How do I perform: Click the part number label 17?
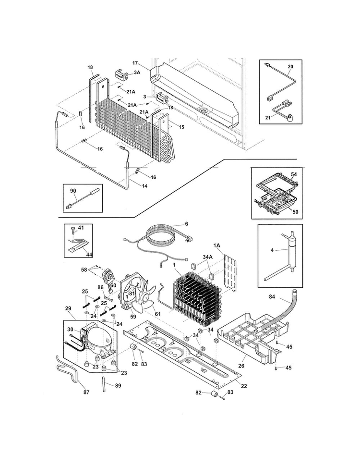click(135, 62)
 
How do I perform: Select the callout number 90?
click(73, 191)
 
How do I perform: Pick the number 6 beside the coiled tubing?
click(186, 224)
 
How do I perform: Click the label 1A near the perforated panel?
click(217, 245)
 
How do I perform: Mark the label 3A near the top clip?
click(137, 72)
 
